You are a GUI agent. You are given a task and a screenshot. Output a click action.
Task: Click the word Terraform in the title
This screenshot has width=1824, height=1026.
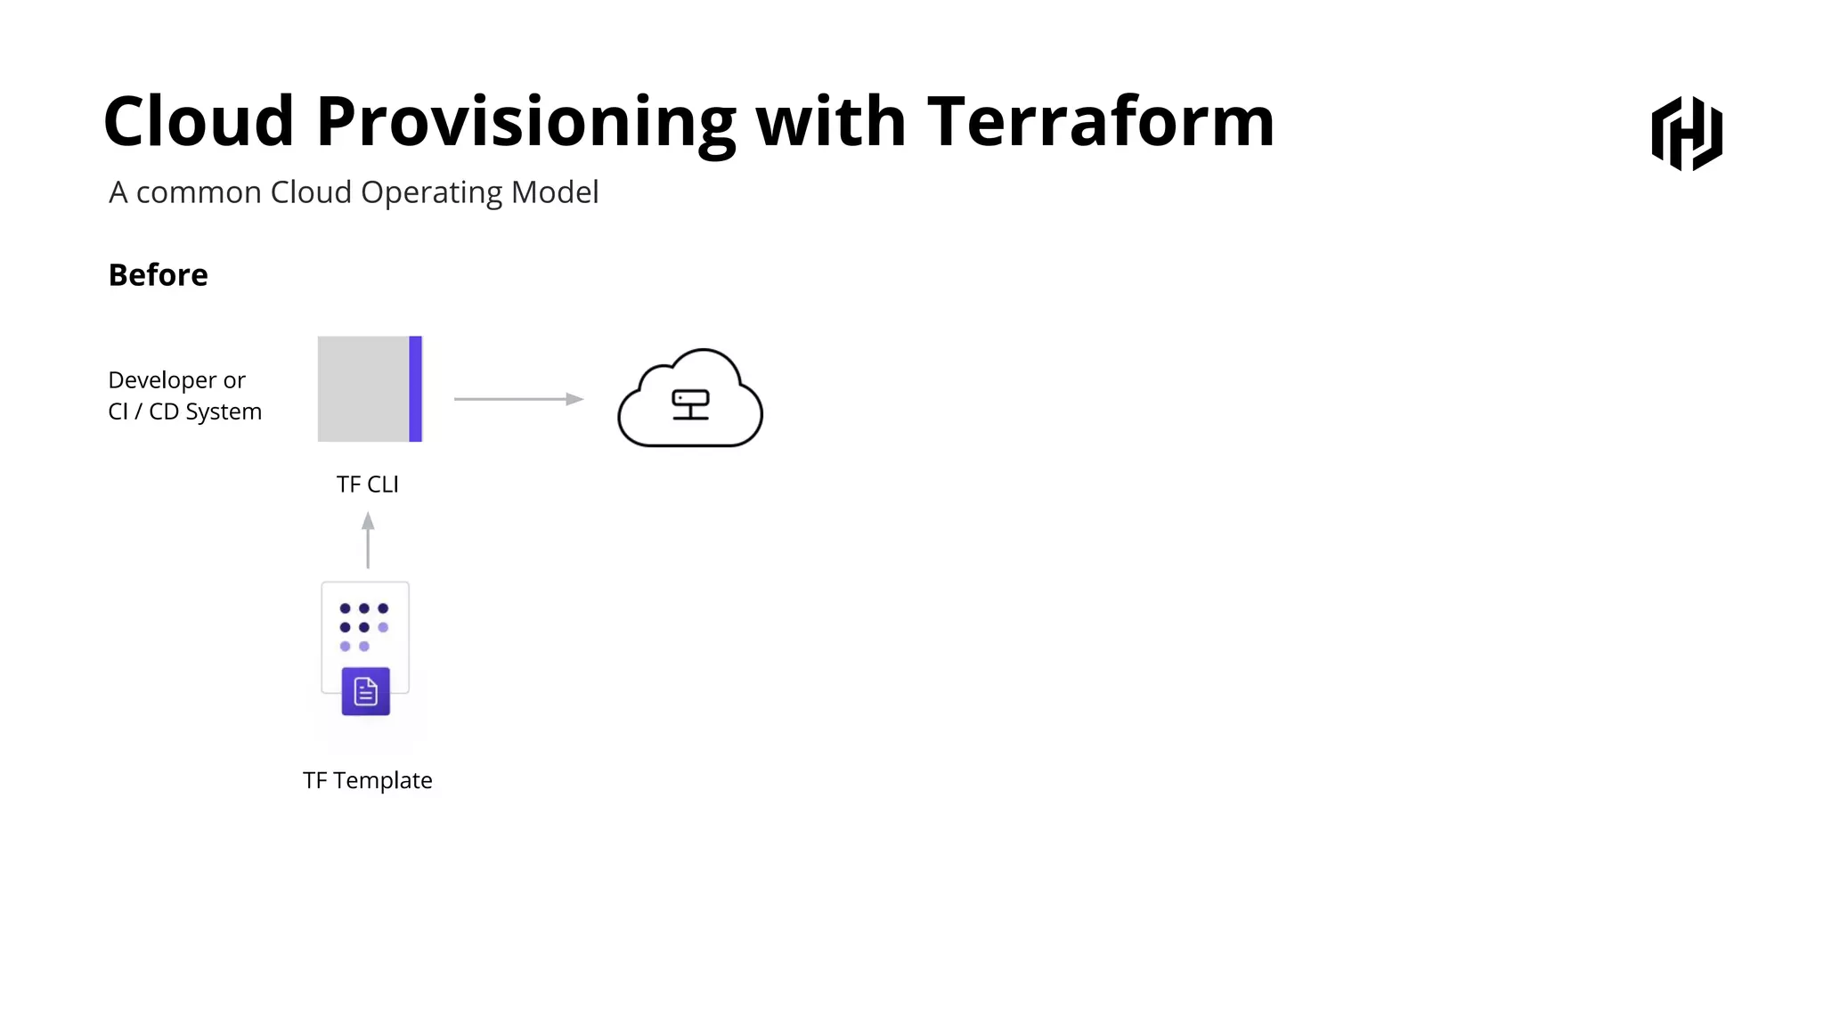coord(1101,121)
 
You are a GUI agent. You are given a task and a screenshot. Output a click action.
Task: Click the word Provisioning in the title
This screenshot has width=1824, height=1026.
coord(525,123)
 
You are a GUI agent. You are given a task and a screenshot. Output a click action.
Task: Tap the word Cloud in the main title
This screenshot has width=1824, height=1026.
coord(199,121)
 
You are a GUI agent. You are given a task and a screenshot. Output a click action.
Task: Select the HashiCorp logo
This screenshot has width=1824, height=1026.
coord(1687,134)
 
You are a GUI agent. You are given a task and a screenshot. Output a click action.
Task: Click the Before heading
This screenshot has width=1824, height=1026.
coord(158,275)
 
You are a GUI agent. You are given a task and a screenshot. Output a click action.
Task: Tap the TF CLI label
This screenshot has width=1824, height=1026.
coord(367,484)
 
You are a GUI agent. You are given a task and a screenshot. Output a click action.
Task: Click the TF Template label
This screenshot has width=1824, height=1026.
coord(367,780)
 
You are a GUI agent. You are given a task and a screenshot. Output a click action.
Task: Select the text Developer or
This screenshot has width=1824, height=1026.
coord(176,380)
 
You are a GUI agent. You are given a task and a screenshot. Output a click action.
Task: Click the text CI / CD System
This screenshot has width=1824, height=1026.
coord(184,411)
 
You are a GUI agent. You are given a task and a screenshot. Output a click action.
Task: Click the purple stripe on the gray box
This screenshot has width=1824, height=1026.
coord(415,389)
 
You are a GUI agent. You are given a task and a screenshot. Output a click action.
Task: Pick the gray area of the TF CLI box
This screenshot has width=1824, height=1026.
coord(362,389)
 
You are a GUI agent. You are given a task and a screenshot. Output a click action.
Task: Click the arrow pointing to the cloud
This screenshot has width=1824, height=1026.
coord(518,399)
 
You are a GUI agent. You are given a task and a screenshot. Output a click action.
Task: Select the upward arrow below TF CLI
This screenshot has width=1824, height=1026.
coord(368,540)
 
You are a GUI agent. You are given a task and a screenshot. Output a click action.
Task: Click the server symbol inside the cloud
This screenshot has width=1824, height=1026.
coord(690,404)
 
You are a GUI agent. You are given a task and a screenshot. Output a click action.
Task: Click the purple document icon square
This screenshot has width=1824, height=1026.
coord(366,691)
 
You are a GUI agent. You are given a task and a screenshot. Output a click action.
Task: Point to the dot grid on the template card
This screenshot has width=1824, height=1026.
coord(364,627)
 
